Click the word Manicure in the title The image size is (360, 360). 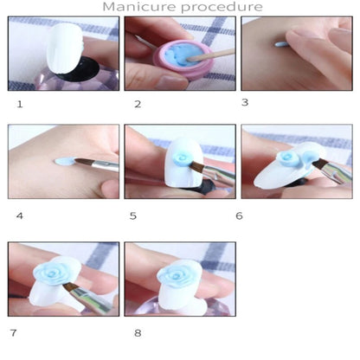coord(139,7)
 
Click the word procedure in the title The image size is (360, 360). coord(222,8)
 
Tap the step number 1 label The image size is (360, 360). coord(20,104)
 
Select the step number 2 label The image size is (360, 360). coord(138,104)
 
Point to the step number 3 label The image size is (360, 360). coord(245,102)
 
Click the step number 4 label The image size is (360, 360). coord(20,215)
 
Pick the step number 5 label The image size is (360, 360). coord(133,215)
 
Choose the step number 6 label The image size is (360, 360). coord(239,215)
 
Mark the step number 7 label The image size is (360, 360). coord(13,333)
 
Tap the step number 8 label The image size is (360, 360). coord(138,333)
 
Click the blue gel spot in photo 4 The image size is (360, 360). coord(65,161)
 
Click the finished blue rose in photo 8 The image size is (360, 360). coord(177,276)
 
